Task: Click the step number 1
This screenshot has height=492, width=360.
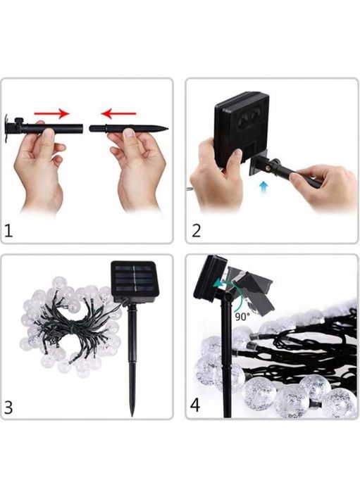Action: coord(8,231)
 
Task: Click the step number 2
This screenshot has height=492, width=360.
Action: coord(196,231)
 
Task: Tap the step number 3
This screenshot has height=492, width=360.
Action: coord(8,408)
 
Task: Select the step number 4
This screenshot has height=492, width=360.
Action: coord(195,405)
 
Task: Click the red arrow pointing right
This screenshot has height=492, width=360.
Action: coord(51,113)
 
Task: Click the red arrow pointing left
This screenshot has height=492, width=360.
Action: coord(118,113)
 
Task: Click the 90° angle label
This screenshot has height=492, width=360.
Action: coord(242,317)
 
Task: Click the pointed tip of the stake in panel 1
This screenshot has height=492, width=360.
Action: coord(167,128)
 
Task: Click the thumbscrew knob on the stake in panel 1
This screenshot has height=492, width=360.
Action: coord(19,121)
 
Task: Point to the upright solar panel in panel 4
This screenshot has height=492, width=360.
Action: coord(211,279)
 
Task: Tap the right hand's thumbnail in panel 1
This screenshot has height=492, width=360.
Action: coord(129,133)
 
